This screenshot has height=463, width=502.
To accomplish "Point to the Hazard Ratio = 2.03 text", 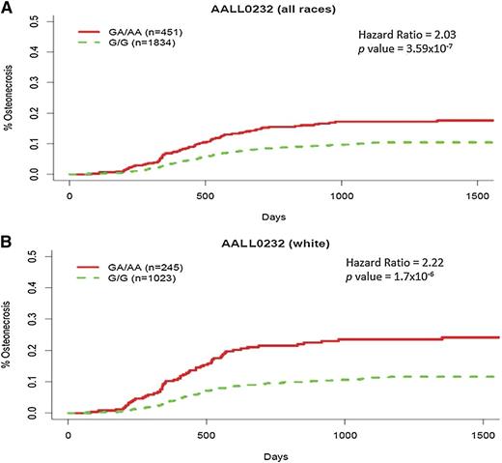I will pos(409,35).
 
